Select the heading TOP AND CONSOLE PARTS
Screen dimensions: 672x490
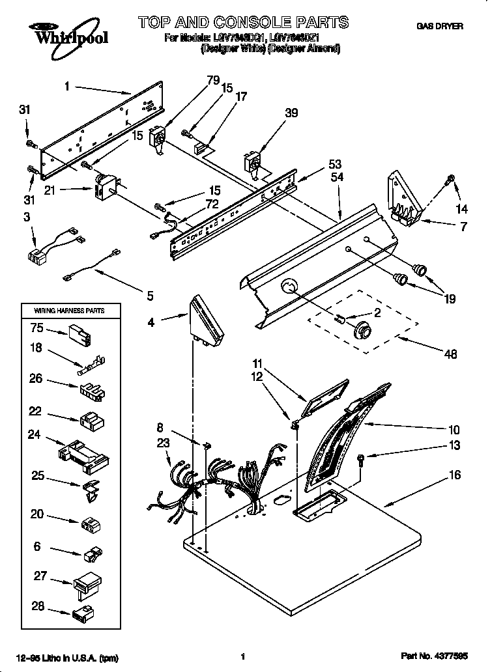pos(243,23)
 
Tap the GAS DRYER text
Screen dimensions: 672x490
pos(440,26)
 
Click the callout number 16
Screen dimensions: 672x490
pos(454,475)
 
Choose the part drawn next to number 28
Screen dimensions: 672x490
pos(83,612)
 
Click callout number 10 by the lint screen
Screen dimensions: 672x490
pos(454,430)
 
